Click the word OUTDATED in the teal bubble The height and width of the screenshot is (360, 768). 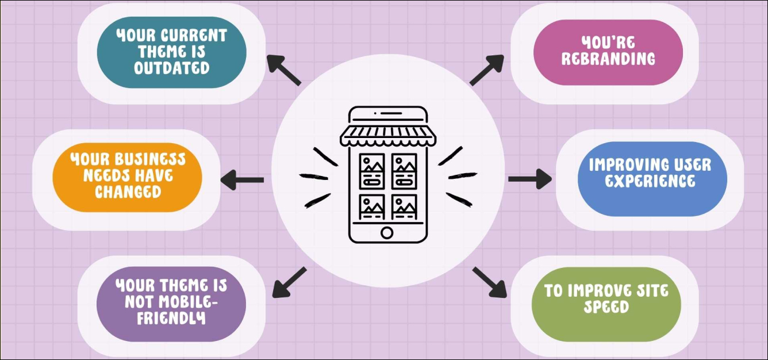[172, 68]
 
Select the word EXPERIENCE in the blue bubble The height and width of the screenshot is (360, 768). [650, 181]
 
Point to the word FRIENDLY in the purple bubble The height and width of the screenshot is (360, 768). [171, 318]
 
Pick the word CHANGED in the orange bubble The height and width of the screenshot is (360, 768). [128, 192]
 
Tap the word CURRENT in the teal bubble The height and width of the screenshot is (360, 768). [194, 36]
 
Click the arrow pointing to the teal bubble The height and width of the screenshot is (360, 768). [283, 70]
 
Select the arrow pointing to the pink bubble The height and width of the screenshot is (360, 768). [487, 70]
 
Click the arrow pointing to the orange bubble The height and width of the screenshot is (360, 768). [242, 179]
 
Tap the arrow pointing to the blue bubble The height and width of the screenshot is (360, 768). [530, 179]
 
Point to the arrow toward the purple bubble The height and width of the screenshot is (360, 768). [289, 282]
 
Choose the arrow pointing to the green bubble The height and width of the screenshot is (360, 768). [490, 282]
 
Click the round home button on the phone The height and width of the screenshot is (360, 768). [387, 233]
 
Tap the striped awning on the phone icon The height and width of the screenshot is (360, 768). [388, 136]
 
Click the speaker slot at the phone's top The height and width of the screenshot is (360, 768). [391, 113]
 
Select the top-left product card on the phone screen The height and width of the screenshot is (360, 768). [372, 171]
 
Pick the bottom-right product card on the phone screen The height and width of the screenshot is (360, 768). [405, 207]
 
